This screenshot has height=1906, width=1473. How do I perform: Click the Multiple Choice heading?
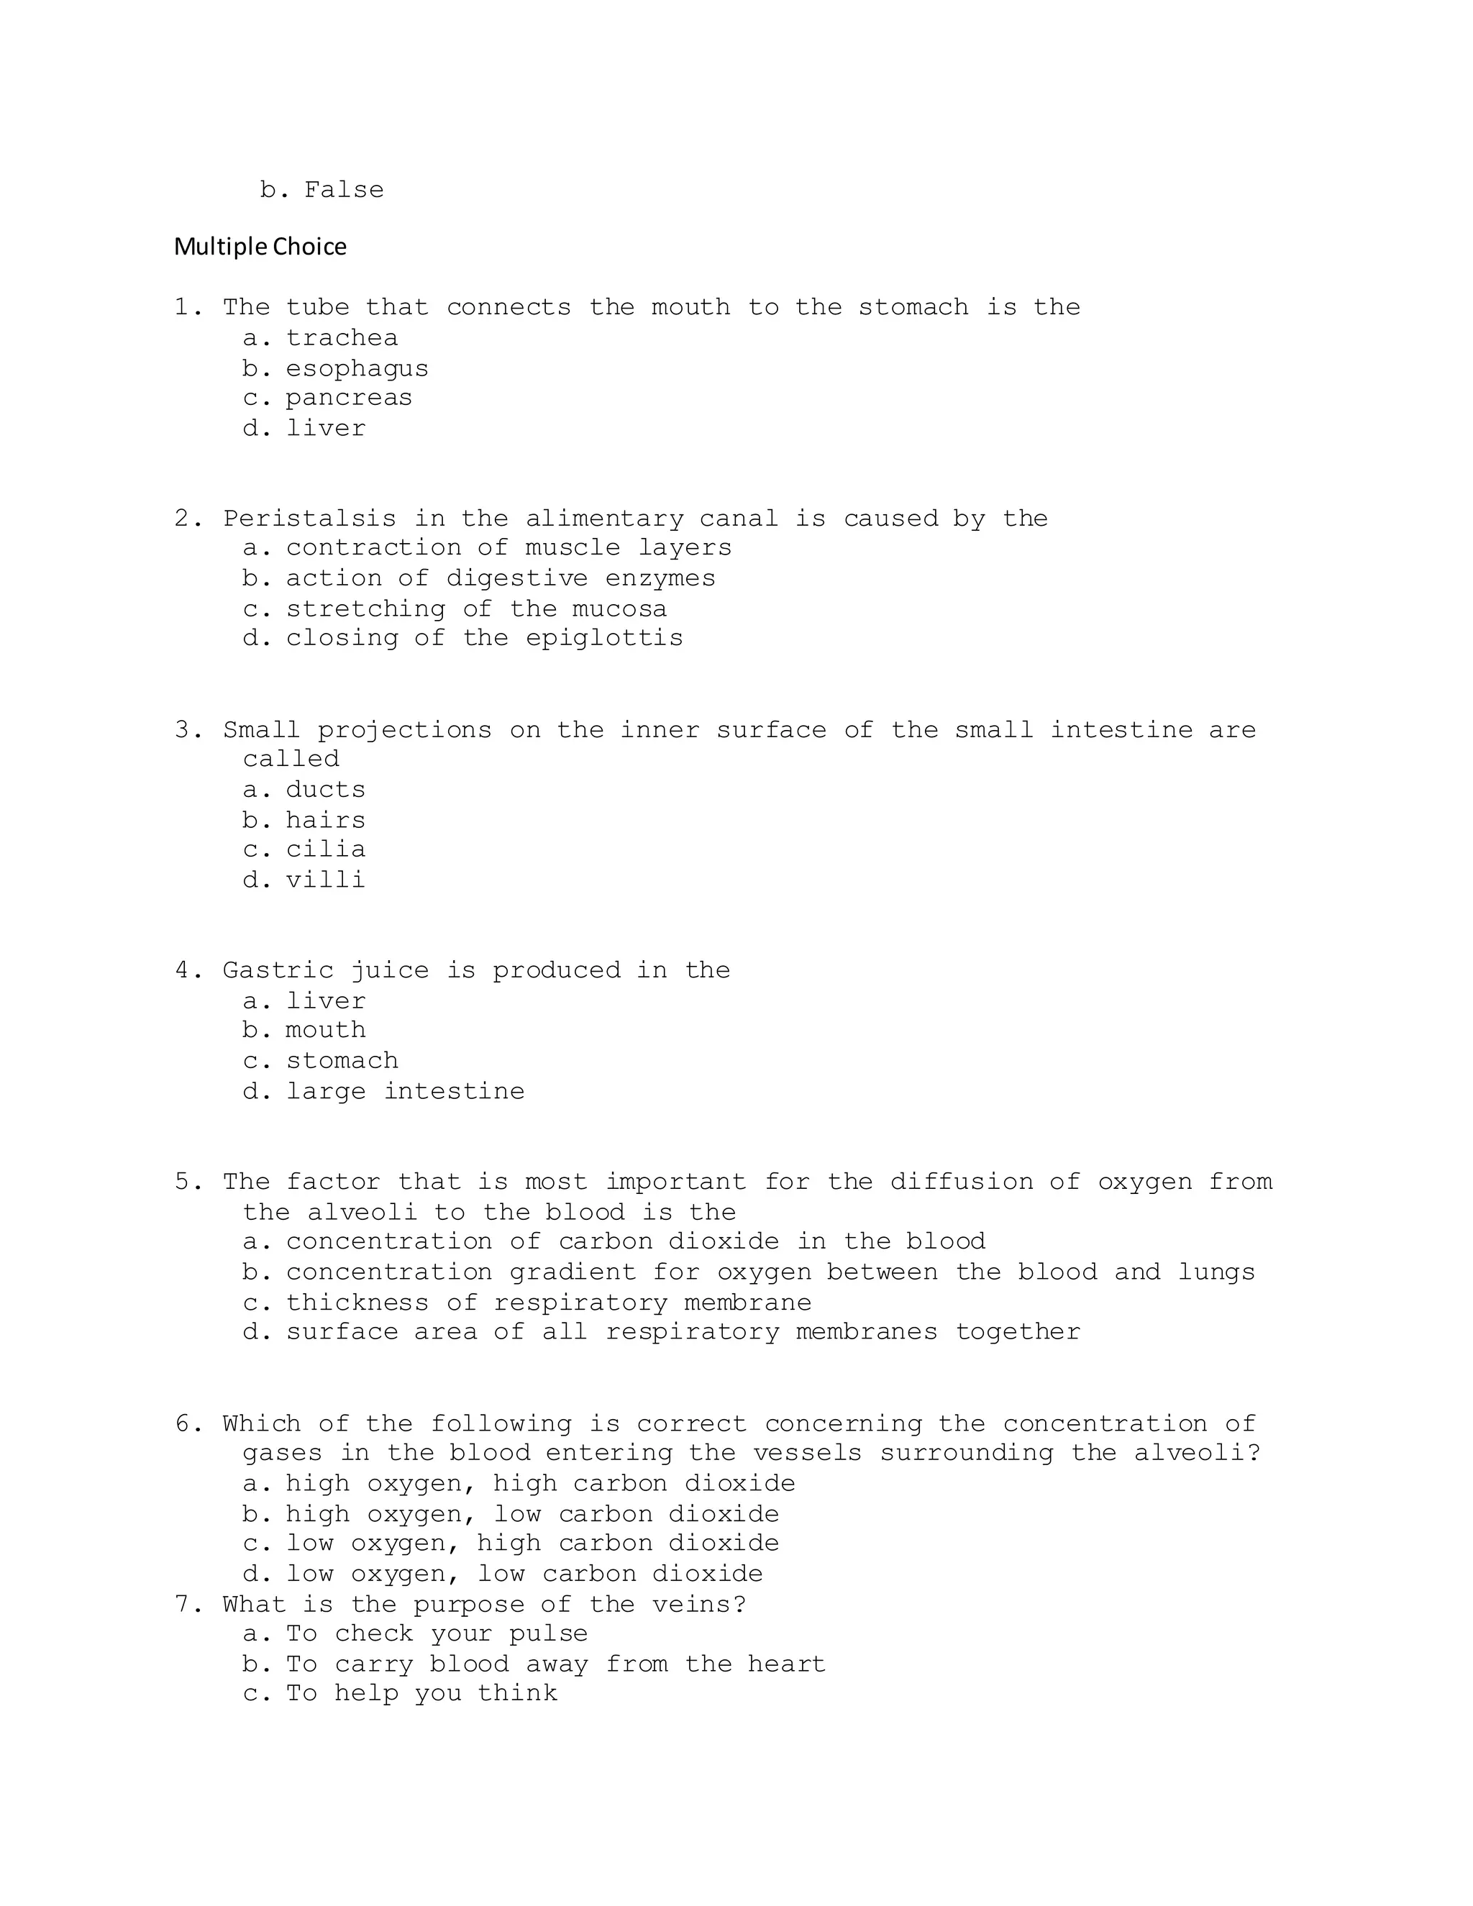(x=260, y=247)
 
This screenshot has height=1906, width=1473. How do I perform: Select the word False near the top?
(x=344, y=191)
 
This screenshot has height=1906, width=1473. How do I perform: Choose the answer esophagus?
(x=357, y=369)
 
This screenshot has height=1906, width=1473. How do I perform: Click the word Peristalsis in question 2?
(x=309, y=519)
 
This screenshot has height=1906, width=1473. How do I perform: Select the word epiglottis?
(x=604, y=638)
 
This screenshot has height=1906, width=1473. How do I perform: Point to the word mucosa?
(x=619, y=609)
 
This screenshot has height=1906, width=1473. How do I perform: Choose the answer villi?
(x=326, y=880)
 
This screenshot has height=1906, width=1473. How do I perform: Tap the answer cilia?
(x=326, y=849)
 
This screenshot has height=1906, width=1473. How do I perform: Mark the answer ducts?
(x=326, y=790)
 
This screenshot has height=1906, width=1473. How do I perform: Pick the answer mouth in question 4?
(x=326, y=1031)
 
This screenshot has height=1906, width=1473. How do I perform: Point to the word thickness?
(x=357, y=1303)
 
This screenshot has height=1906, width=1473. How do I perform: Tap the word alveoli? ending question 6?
(x=1198, y=1453)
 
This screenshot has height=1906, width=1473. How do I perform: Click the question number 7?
(x=188, y=1604)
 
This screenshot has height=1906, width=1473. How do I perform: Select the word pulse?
(x=548, y=1633)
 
